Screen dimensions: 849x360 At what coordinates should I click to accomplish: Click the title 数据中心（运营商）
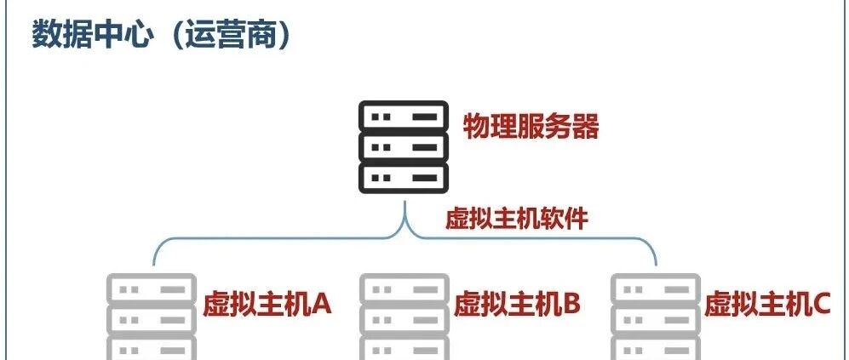coord(161,35)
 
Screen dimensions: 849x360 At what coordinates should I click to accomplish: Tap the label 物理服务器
coord(531,127)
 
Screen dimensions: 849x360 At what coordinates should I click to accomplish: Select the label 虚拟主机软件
coord(517,219)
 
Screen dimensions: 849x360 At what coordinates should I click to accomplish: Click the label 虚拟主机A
coord(267,304)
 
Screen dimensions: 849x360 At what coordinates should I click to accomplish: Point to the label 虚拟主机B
coord(517,304)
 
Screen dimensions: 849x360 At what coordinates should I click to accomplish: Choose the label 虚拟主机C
coord(767,304)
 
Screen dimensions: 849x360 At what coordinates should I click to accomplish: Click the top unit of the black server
coord(404,116)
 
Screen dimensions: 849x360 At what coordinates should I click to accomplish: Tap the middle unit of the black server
coord(404,146)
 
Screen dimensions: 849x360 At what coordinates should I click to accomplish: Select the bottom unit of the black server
coord(404,178)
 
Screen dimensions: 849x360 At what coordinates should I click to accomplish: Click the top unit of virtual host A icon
coord(152,289)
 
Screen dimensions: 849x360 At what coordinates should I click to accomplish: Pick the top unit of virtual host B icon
coord(404,289)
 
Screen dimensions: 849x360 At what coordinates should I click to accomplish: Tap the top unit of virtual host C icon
coord(656,289)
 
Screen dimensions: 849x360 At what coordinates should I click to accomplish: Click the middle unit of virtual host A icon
coord(152,320)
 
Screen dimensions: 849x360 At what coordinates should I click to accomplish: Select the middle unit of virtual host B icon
coord(404,320)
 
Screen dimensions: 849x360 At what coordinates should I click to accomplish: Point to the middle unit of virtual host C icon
coord(656,320)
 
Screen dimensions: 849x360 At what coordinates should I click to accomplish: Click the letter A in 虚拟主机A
coord(319,304)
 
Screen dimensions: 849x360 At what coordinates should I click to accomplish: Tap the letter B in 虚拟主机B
coord(571,304)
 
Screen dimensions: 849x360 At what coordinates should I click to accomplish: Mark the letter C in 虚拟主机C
coord(822,304)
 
